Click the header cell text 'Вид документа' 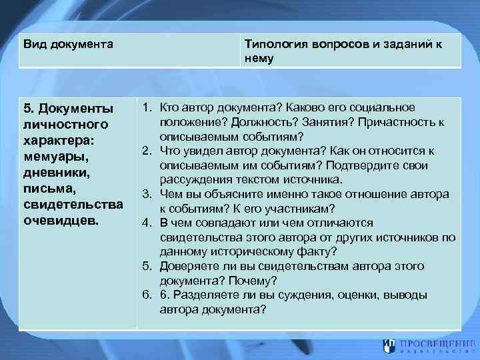click(x=68, y=44)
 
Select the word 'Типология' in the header click(x=272, y=44)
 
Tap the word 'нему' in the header click(x=259, y=58)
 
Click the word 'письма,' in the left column click(x=47, y=189)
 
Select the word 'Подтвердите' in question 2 click(x=377, y=165)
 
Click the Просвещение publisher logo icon click(x=389, y=345)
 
